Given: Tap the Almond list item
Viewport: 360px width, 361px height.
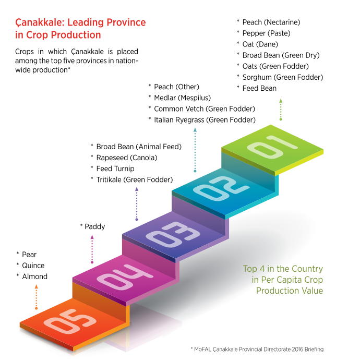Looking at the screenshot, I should (x=34, y=276).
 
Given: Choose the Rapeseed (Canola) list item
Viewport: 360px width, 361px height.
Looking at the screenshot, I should (x=126, y=158).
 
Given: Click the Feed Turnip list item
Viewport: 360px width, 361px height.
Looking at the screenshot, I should (x=115, y=169).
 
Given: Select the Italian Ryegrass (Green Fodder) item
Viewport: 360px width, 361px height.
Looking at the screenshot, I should (x=205, y=119).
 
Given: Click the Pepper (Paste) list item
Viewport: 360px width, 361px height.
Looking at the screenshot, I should (x=266, y=33).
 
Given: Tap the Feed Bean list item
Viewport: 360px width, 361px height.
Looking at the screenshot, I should (x=259, y=88).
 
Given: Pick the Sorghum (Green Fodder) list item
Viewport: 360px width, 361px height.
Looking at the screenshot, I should (x=282, y=77).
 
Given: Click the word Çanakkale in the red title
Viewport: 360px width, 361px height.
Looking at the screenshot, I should (x=41, y=23).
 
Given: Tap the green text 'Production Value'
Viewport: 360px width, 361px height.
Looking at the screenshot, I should (x=289, y=291).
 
